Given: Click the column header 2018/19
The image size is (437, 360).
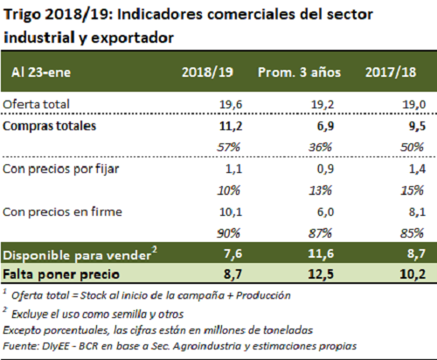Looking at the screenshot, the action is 207,73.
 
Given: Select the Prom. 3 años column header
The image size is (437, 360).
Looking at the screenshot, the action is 299,73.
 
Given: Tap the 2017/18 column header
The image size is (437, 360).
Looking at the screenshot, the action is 391,73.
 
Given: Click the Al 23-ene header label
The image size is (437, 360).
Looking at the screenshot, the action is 41,73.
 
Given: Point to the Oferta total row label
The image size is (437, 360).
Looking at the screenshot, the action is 36,104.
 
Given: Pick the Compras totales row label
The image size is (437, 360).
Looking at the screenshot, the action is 49,126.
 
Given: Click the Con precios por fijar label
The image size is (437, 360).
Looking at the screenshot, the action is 61,170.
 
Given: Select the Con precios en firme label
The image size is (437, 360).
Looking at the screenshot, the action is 62,211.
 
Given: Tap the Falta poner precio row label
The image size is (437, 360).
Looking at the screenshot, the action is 61,274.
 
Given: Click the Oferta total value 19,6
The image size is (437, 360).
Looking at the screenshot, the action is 231,104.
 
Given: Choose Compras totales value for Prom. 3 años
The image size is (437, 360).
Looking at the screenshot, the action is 325,126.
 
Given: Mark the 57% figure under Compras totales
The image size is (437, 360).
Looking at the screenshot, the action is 228,148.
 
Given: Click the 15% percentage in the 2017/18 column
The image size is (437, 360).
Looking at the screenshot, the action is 412,190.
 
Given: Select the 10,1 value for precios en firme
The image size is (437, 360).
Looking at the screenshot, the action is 231,212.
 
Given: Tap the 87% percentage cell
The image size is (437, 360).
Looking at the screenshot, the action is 320,233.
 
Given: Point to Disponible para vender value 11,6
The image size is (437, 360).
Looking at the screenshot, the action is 321,253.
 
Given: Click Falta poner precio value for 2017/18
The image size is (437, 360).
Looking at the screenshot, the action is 413,274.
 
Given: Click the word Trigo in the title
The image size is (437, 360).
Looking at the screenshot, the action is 23,15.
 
